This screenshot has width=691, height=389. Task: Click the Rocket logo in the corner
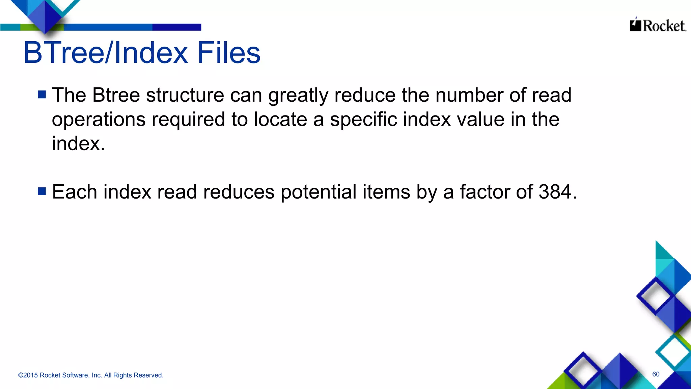click(x=658, y=25)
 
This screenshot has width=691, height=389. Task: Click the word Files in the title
click(x=229, y=53)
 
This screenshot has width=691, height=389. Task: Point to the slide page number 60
click(x=656, y=374)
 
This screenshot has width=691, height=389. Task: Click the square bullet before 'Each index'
click(x=42, y=191)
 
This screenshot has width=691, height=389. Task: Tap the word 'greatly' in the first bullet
click(x=298, y=96)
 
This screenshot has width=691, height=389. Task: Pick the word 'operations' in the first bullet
click(x=99, y=120)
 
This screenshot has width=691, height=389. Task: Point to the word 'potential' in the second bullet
click(x=319, y=192)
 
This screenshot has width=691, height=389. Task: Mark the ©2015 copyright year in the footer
click(x=28, y=375)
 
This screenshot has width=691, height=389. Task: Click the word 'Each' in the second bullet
click(x=75, y=192)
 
